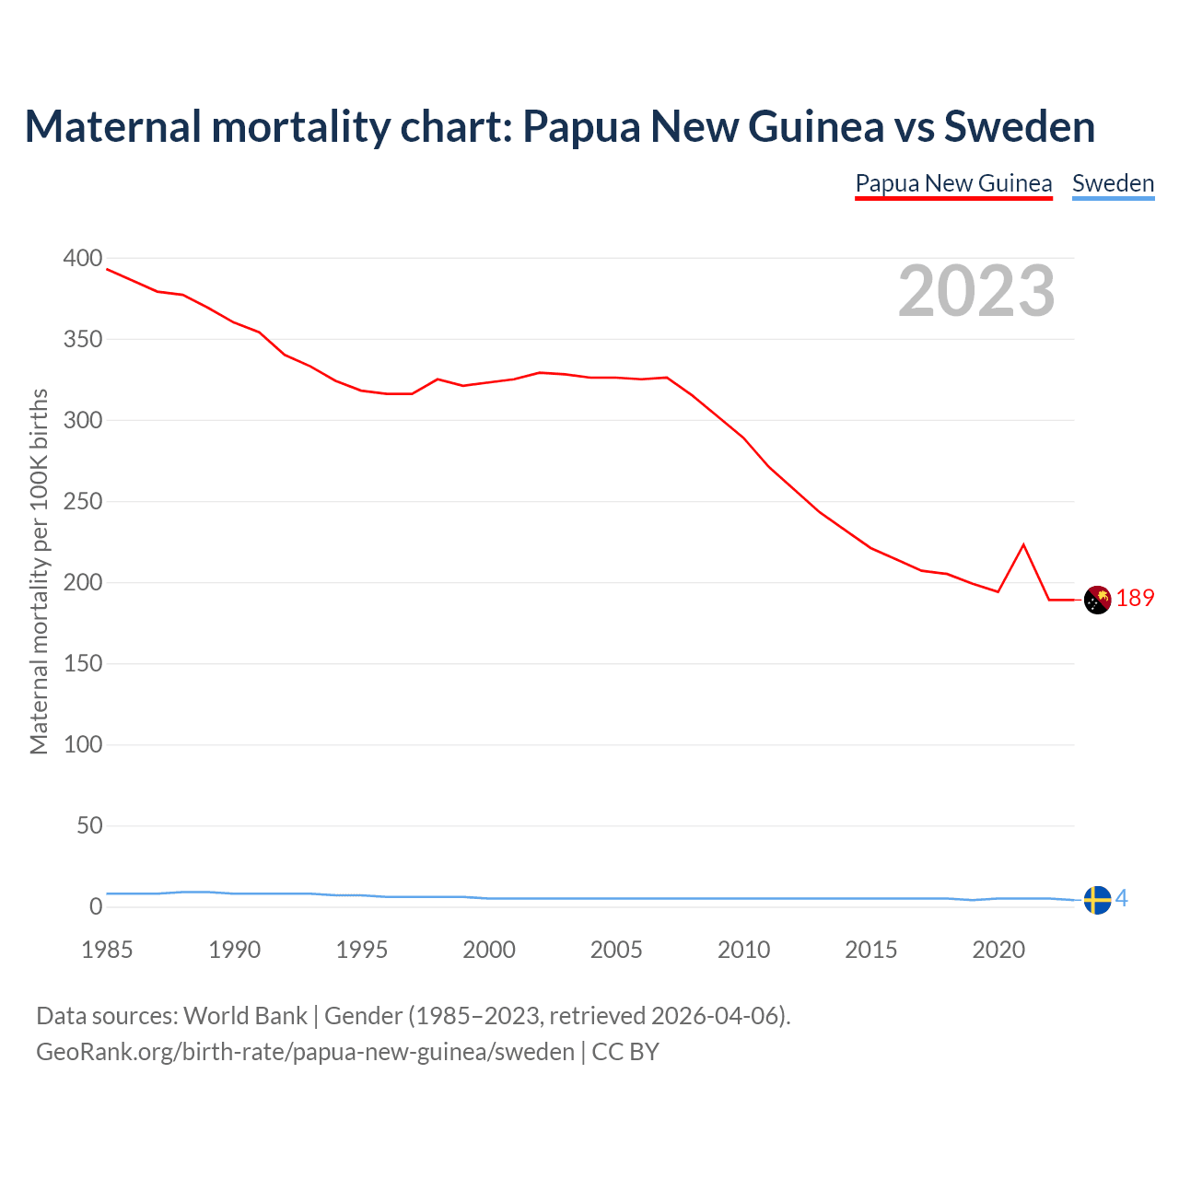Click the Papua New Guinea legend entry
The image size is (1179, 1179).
coord(953,183)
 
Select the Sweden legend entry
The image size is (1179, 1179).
coord(1113,183)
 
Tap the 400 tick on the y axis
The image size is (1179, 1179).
coord(83,259)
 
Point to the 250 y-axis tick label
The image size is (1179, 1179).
coord(83,502)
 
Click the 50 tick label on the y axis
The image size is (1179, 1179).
coord(89,826)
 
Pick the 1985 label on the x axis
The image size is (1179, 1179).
coord(107,950)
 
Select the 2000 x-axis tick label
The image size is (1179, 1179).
coord(489,950)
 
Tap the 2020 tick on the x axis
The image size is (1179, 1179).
coord(998,950)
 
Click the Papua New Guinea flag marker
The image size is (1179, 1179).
coord(1097,600)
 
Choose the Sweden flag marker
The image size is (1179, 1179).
coord(1097,900)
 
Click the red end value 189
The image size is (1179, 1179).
coord(1135,599)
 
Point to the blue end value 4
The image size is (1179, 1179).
coord(1122,899)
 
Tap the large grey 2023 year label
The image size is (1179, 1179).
coord(976,291)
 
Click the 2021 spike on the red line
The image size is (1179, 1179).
coord(1023,545)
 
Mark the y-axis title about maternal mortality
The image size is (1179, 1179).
coord(39,572)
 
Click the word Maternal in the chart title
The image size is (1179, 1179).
coord(112,126)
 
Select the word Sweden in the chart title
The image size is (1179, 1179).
coord(1019,126)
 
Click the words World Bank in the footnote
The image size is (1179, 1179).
coord(245,1016)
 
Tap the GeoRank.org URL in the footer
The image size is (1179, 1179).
coord(305,1052)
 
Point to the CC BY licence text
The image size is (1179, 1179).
coord(625,1052)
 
